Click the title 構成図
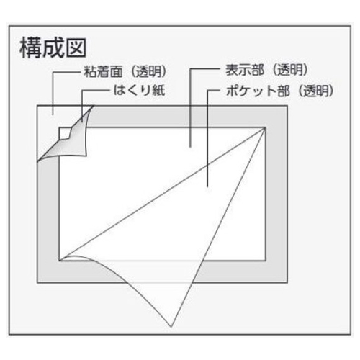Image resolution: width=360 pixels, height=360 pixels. [x=53, y=48]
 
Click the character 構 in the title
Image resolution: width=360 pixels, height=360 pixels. [x=31, y=48]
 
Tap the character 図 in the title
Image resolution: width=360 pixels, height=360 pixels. [x=76, y=48]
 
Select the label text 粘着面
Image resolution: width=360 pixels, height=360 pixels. [x=103, y=71]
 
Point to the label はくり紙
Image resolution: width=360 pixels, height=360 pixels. [x=139, y=91]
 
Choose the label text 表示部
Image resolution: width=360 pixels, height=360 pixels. [x=245, y=70]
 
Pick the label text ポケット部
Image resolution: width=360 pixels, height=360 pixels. [x=258, y=91]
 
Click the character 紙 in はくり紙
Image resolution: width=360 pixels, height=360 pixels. [x=158, y=91]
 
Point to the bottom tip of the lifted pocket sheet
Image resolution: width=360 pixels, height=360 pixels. [x=171, y=327]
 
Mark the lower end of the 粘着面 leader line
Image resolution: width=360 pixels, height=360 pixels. [x=53, y=114]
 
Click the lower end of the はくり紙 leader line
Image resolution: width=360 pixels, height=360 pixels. [x=82, y=122]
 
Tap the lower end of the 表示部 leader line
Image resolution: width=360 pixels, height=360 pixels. [x=190, y=148]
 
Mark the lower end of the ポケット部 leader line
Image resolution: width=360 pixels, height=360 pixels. [x=207, y=186]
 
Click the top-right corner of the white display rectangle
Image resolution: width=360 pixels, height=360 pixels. [x=265, y=128]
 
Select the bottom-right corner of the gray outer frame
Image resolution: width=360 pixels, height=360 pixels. [x=287, y=283]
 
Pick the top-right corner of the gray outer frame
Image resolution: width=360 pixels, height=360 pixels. [x=287, y=106]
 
